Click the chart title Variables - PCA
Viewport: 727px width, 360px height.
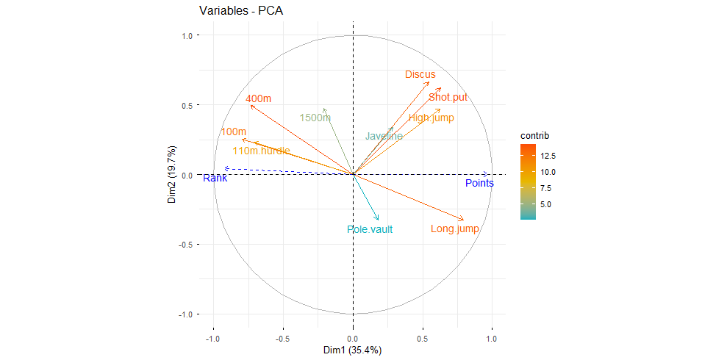point(241,11)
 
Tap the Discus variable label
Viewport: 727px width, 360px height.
point(420,74)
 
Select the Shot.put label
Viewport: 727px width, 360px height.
point(448,97)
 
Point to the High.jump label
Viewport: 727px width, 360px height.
point(431,118)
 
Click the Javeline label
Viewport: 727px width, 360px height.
point(384,136)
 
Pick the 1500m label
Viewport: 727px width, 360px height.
point(315,118)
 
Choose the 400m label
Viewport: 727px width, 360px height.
point(258,98)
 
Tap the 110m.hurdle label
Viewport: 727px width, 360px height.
point(261,151)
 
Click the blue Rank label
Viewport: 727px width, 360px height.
point(215,178)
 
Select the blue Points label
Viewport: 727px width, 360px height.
point(479,183)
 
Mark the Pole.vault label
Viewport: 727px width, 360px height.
point(370,229)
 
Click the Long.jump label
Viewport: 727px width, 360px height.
point(455,229)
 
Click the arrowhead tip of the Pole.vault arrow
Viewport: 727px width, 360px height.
point(379,220)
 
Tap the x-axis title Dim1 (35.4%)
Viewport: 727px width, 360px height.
point(353,350)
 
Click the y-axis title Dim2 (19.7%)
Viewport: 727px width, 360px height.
point(171,174)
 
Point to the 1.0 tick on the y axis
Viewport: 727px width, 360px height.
point(187,35)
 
